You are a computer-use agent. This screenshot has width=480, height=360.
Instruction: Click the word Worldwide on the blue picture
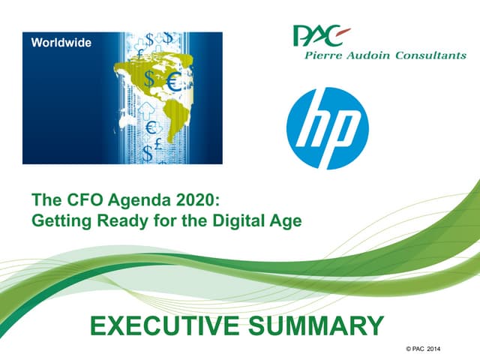(61, 43)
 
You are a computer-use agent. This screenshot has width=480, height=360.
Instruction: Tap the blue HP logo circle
(328, 128)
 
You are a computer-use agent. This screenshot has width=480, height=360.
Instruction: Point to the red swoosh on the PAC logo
(343, 31)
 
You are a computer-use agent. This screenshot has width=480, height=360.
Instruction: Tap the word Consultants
(430, 55)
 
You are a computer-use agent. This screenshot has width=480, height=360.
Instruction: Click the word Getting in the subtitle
(61, 221)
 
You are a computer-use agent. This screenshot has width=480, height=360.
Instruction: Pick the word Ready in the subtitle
(122, 221)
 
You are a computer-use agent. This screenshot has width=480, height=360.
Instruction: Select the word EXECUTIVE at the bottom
(165, 325)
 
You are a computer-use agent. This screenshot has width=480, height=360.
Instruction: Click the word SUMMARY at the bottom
(316, 325)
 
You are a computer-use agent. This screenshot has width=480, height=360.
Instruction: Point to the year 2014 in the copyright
(433, 349)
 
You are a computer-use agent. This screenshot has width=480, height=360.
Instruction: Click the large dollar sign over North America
(149, 78)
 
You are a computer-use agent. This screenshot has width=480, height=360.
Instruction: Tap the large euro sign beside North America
(173, 82)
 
